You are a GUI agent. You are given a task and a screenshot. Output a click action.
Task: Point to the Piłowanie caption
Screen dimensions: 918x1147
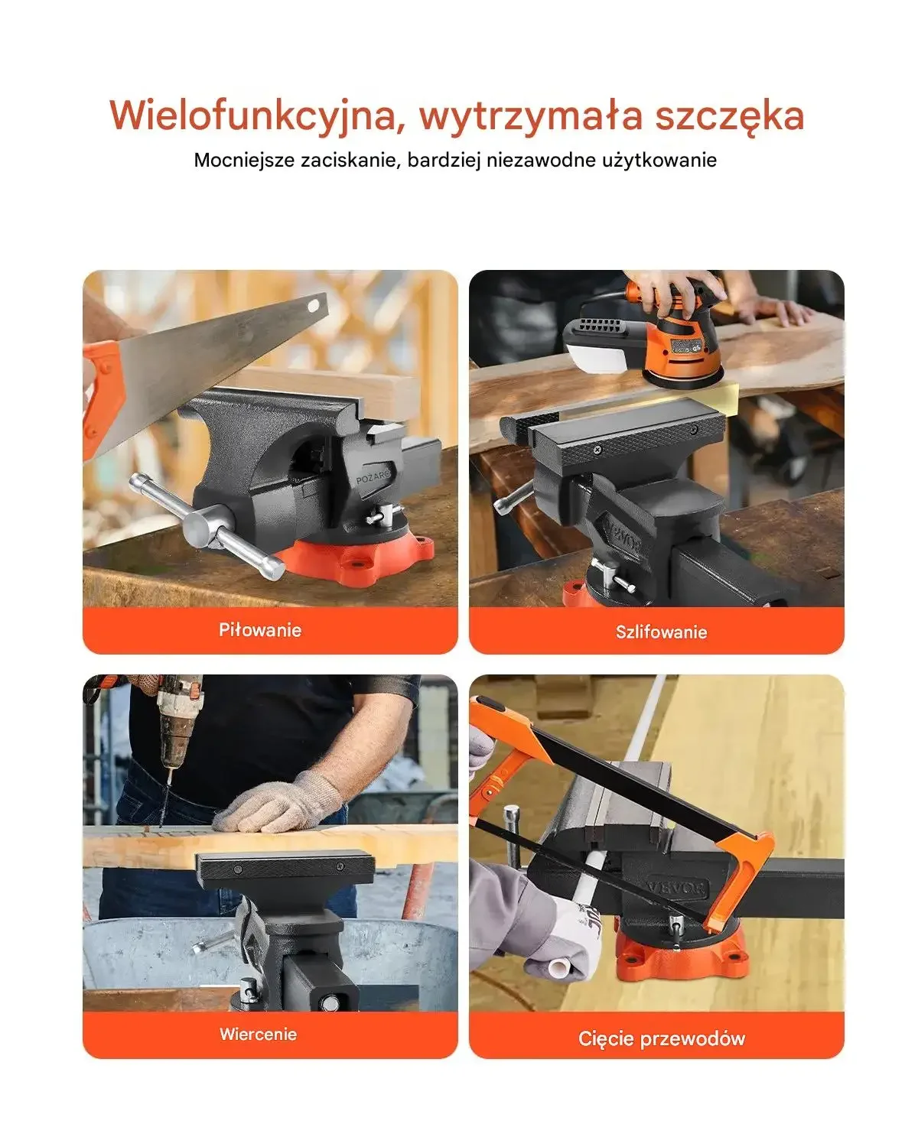[260, 631]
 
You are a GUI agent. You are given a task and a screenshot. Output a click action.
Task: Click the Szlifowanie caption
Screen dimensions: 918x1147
[662, 632]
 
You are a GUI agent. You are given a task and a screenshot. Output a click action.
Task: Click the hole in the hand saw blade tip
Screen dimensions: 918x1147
[313, 306]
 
